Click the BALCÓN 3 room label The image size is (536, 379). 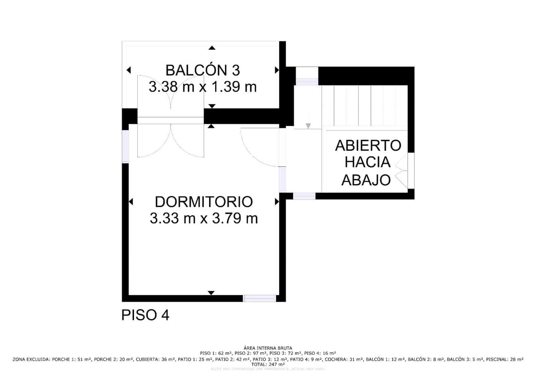tap(203, 71)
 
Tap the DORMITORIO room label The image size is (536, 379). tap(204, 202)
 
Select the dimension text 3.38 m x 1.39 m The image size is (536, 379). tap(203, 87)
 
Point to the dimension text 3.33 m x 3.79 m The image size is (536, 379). tap(204, 219)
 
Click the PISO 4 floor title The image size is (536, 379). tap(145, 315)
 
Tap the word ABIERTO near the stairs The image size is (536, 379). tap(368, 146)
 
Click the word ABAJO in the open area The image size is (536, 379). tap(366, 180)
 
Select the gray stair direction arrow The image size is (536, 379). tap(308, 126)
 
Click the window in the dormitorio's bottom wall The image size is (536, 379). tap(260, 298)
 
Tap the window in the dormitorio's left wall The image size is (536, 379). tap(125, 146)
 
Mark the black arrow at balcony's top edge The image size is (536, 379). tap(212, 48)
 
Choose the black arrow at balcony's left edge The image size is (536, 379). tap(129, 70)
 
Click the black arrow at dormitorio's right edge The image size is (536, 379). tap(277, 202)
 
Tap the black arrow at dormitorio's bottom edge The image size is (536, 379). tap(211, 293)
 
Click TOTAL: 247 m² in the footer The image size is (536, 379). tap(268, 364)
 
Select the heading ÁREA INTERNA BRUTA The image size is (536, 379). tap(268, 348)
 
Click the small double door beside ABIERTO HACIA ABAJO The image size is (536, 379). tap(401, 171)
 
